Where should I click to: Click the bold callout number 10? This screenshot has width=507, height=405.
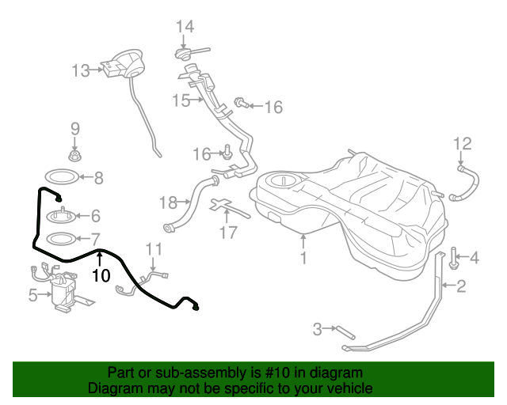(x=101, y=275)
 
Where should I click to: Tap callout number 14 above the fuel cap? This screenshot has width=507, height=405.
(x=185, y=26)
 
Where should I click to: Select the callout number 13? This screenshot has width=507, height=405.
(x=81, y=70)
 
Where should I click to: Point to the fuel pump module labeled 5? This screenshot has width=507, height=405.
(x=63, y=289)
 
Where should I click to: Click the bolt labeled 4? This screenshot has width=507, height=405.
(x=453, y=259)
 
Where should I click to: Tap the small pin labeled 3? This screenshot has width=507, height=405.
(x=345, y=333)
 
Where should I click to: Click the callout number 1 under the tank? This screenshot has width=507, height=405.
(x=303, y=258)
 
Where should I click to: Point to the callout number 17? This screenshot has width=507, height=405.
(x=228, y=233)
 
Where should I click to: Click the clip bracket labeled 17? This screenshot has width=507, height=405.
(x=228, y=207)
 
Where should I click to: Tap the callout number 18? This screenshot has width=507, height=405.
(x=168, y=202)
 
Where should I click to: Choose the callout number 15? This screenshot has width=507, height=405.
(x=181, y=100)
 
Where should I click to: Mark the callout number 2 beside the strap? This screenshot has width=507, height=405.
(x=461, y=286)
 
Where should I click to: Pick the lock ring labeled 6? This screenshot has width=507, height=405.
(x=62, y=216)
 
